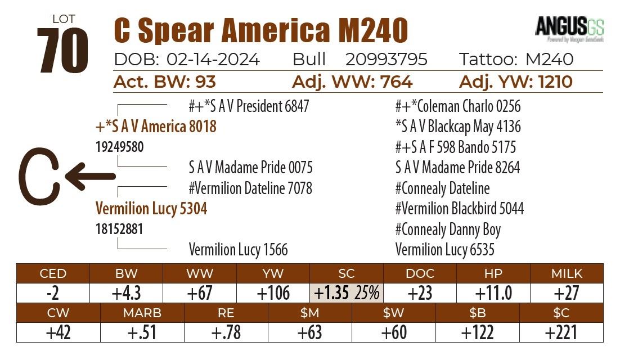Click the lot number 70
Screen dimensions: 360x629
click(63, 51)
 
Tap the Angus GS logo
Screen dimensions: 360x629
click(569, 28)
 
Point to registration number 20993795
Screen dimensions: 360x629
click(387, 59)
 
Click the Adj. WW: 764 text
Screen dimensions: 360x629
click(352, 82)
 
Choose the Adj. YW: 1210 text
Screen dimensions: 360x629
click(516, 82)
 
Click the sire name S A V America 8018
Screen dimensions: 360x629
click(156, 127)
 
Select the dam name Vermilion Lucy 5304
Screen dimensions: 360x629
click(151, 209)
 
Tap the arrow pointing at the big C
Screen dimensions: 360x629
click(91, 175)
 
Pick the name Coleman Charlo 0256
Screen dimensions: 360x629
click(458, 106)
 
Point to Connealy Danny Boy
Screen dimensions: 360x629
click(448, 229)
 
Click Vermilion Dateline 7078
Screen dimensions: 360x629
click(250, 188)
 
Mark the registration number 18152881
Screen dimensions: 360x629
click(119, 229)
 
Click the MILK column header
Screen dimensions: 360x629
click(567, 273)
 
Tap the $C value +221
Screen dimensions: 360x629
click(561, 332)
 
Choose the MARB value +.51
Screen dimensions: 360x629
click(142, 332)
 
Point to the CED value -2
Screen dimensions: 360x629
click(53, 293)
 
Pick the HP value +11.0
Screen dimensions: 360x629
click(493, 293)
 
